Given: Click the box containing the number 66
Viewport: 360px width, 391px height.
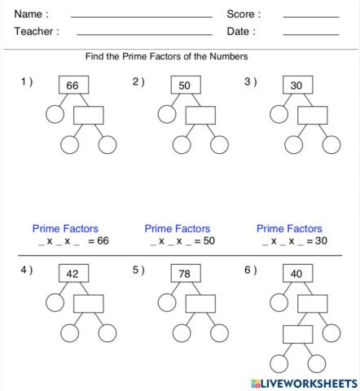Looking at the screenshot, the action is tap(72, 86).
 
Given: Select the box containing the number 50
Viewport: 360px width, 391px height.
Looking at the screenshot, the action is tap(184, 86).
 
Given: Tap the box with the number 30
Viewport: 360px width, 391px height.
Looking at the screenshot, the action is tap(296, 86).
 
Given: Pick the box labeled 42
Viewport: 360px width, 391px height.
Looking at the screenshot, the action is tap(72, 275).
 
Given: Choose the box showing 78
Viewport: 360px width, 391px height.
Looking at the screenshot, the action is tap(184, 275).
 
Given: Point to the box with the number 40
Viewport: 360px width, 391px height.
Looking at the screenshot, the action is tap(296, 275).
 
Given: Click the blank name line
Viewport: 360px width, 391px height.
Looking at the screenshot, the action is tap(141, 16).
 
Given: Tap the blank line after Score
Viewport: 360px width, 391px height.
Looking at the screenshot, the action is tap(310, 16).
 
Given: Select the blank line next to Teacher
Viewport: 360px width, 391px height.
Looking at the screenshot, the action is tap(143, 34).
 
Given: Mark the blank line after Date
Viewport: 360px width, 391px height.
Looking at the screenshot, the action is tap(310, 34).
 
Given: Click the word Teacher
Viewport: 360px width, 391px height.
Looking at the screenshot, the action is tap(36, 32).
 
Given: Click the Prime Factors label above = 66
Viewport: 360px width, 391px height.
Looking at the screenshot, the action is tap(65, 229).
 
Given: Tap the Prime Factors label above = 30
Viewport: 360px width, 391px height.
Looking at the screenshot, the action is tap(289, 229).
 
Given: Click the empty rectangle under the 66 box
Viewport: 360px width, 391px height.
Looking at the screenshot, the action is tap(88, 115).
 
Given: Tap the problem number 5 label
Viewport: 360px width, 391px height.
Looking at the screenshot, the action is tap(138, 270).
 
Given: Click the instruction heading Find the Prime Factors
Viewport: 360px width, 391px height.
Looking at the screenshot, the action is tap(167, 57).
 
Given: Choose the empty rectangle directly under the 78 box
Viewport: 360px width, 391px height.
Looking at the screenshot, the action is tap(200, 303).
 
